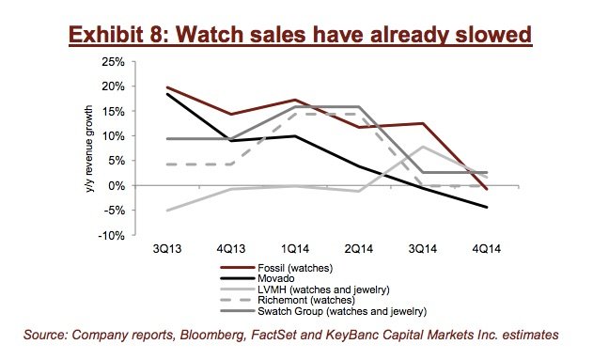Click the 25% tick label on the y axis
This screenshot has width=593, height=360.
tap(113, 62)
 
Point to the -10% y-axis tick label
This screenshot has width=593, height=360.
tap(111, 236)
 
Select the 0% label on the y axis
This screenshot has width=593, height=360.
tap(117, 186)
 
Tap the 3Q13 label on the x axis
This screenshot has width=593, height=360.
tap(167, 249)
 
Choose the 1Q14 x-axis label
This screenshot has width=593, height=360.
tap(295, 249)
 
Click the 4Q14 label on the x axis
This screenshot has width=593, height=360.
tap(487, 249)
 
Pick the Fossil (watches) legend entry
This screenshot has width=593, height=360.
tap(276, 268)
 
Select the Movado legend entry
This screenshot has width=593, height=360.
tap(257, 279)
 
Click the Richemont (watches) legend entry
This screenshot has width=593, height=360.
tap(288, 300)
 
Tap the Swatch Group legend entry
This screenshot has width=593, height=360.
tap(323, 311)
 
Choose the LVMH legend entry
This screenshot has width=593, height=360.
tap(304, 290)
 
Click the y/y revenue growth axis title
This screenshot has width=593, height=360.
tap(89, 149)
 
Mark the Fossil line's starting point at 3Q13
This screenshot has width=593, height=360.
tap(167, 87)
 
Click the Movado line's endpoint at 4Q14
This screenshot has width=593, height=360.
tap(487, 207)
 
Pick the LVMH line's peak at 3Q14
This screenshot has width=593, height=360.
tap(423, 147)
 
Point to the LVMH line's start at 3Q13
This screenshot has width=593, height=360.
tap(167, 211)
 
